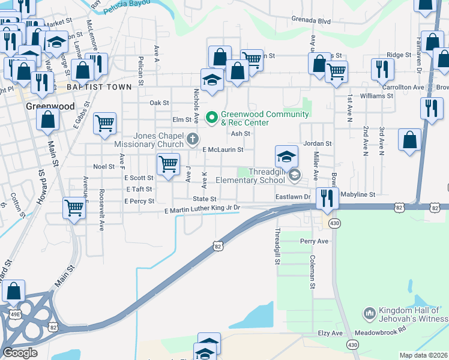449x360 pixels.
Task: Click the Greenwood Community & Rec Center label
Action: pos(265,118)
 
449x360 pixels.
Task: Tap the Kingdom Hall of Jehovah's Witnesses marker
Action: pos(370,313)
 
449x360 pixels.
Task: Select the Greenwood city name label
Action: pos(50,106)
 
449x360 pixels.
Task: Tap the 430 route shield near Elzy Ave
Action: pos(352,344)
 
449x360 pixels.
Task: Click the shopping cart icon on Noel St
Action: pos(168,163)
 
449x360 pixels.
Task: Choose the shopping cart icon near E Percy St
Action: pos(74,208)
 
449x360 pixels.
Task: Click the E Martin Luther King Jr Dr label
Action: pos(202,208)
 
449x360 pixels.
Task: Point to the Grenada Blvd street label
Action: pos(312,20)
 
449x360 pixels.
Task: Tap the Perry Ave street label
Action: pos(315,241)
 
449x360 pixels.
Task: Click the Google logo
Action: pos(20,353)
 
